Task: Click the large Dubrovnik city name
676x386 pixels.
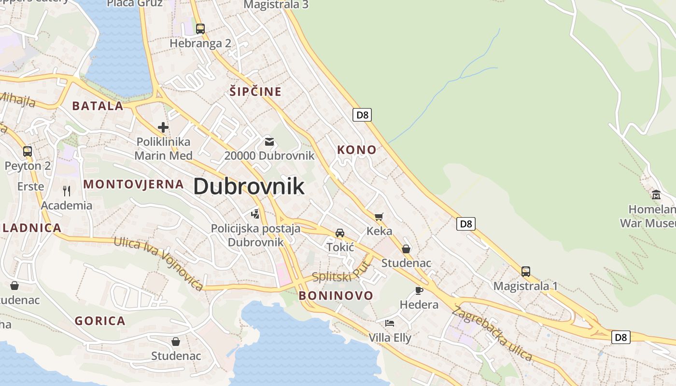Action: click(x=249, y=187)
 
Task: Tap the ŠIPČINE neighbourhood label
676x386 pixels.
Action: click(x=255, y=91)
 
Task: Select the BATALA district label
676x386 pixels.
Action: click(x=98, y=106)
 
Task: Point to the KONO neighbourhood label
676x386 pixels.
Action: click(x=356, y=150)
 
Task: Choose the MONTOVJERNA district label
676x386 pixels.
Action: click(x=134, y=184)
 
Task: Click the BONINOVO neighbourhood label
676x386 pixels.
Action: click(x=336, y=295)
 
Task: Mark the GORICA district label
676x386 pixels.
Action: click(x=100, y=321)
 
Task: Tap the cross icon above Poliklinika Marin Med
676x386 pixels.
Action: click(x=163, y=127)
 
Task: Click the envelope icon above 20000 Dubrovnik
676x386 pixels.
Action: click(x=269, y=142)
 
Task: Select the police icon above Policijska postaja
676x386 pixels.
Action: click(x=255, y=213)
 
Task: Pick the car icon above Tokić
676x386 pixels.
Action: click(x=340, y=233)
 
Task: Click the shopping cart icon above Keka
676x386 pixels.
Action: click(x=379, y=217)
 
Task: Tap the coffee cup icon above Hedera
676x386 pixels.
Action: click(x=419, y=290)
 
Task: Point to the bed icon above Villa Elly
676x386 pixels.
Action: click(x=390, y=323)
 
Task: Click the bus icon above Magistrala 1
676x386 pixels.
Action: click(x=525, y=271)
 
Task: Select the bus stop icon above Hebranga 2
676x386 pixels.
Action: click(x=200, y=28)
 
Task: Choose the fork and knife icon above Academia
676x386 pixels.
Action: click(x=67, y=191)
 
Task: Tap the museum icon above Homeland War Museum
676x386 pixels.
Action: click(x=656, y=195)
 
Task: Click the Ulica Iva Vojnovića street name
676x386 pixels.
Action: click(x=158, y=263)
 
